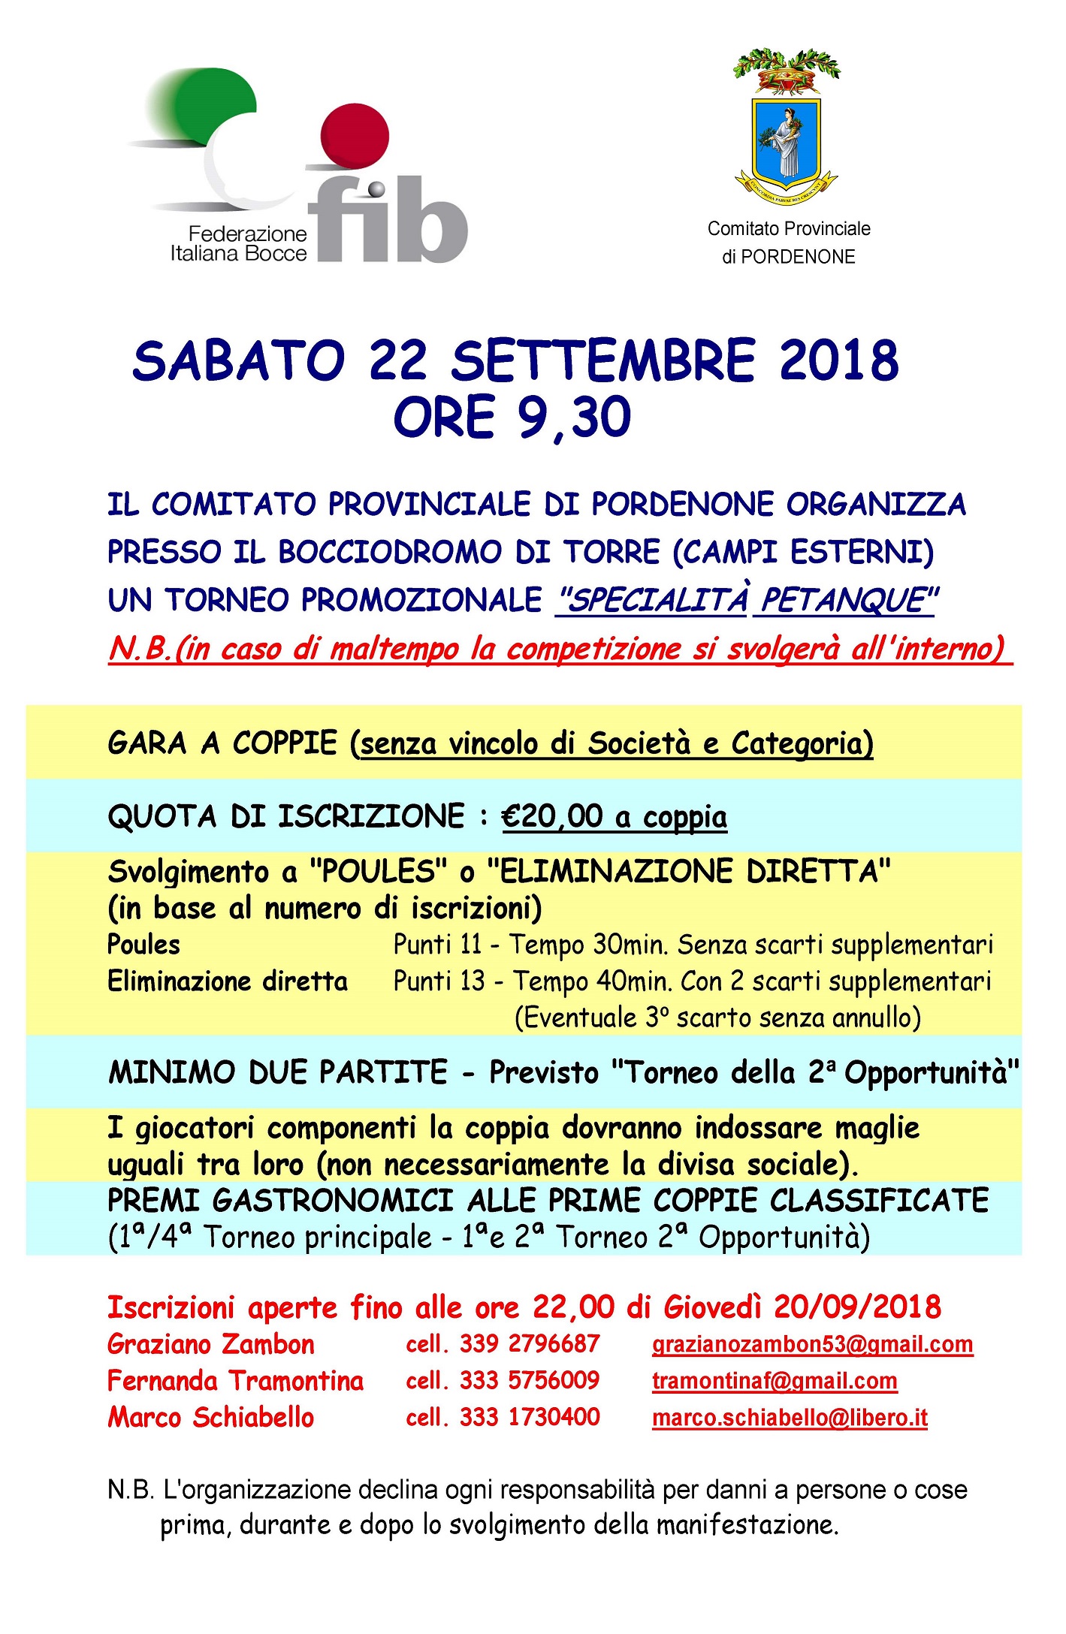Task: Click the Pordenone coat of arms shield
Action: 787,140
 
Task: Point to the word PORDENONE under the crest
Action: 798,257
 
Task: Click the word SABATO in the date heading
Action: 238,361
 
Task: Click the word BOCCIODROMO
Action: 388,552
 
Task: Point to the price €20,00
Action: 552,816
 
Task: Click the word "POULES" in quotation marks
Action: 373,872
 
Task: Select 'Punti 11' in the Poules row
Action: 437,944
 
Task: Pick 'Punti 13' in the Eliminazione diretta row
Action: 439,981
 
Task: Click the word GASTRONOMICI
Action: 332,1201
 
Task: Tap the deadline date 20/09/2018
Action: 857,1307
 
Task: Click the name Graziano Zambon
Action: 211,1344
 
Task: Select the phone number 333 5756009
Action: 530,1380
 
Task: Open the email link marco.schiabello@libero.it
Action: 790,1418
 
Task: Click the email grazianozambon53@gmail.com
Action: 812,1344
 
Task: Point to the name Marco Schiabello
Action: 211,1418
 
